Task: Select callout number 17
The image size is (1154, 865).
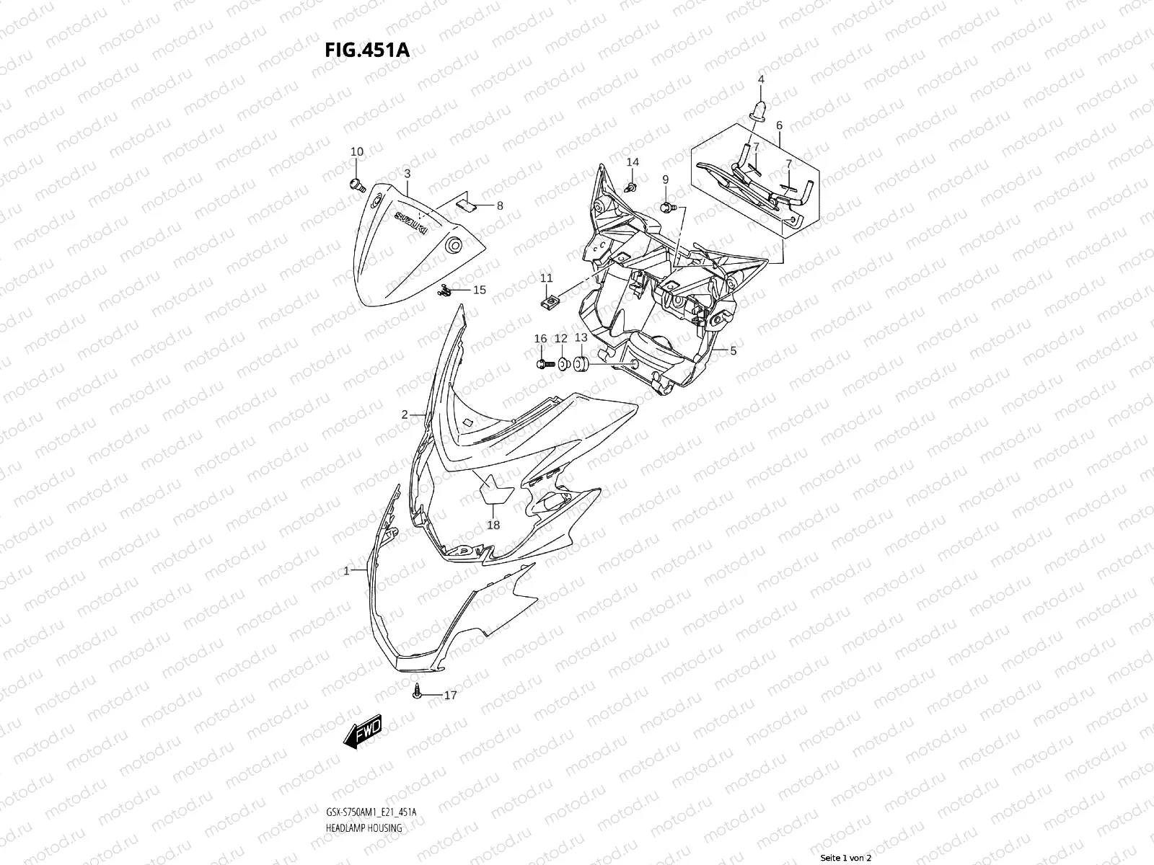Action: (x=450, y=696)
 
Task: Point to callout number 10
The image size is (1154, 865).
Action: (x=357, y=151)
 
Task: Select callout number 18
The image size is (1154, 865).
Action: (x=493, y=525)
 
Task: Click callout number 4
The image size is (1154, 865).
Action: (x=761, y=79)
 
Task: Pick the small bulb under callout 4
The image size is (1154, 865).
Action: (x=760, y=110)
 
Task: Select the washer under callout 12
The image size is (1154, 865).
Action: (x=563, y=362)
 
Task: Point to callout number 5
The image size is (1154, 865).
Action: (x=733, y=351)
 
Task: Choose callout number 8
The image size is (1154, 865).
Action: (x=499, y=205)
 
